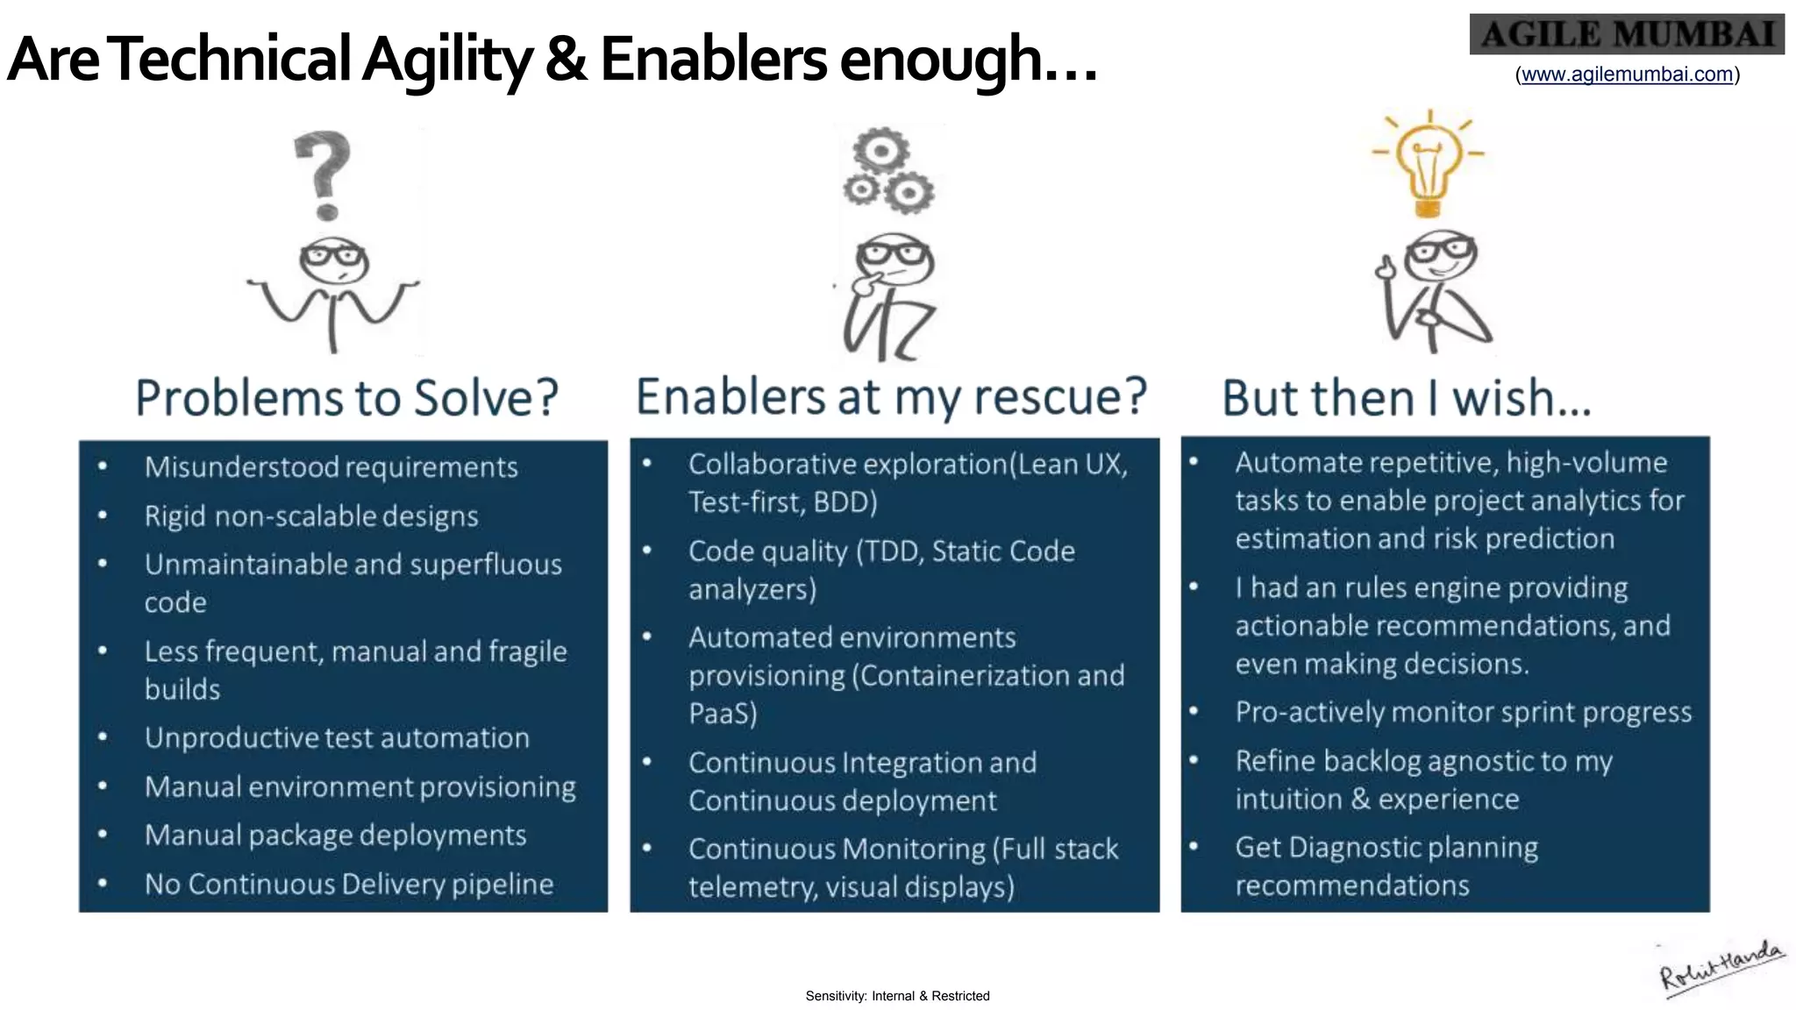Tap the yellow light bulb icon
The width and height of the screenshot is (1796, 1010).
(x=1429, y=167)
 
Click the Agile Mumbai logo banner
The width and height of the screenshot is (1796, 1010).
(x=1626, y=35)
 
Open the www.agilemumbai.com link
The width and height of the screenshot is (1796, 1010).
(x=1627, y=75)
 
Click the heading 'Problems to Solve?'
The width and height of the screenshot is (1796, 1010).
(x=347, y=398)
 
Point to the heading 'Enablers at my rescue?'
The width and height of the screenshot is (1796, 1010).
(x=891, y=396)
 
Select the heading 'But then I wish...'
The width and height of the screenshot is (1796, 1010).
(x=1406, y=398)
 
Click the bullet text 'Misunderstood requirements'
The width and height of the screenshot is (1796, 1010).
(x=331, y=467)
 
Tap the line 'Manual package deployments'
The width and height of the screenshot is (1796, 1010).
(x=335, y=836)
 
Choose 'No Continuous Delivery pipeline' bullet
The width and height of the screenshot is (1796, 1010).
(x=348, y=884)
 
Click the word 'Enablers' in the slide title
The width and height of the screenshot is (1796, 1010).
(x=712, y=60)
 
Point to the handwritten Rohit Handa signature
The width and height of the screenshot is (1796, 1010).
(x=1721, y=967)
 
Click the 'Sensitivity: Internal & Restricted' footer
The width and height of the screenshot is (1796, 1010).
(x=897, y=996)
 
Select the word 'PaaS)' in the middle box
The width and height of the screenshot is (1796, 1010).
(x=723, y=714)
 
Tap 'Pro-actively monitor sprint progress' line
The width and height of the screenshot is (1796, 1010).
(x=1463, y=712)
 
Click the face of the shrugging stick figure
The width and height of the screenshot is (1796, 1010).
(x=333, y=260)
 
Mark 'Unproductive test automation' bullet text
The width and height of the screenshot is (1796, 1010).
(x=337, y=738)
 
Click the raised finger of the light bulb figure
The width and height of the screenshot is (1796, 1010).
(x=1386, y=264)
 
